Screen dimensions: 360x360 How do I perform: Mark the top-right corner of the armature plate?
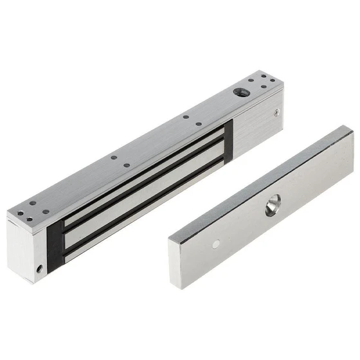352,131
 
